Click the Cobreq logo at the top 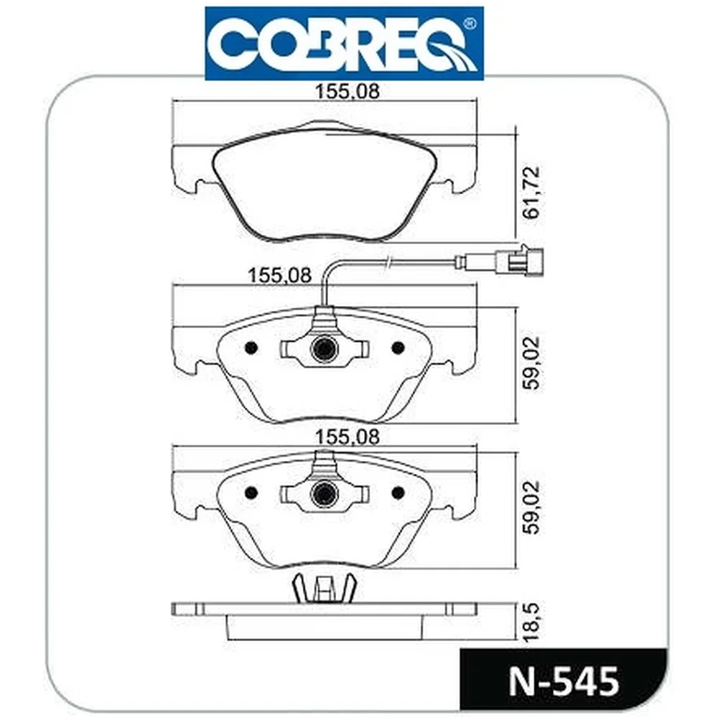tap(345, 44)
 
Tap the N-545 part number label tap(564, 682)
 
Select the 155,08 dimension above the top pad tap(347, 92)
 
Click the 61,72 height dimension tap(533, 192)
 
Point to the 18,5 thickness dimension tap(533, 622)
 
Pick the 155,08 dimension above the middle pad tap(279, 276)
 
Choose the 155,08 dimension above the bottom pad tap(347, 437)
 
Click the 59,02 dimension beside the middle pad tap(533, 363)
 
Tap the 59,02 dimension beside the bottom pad tap(533, 508)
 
